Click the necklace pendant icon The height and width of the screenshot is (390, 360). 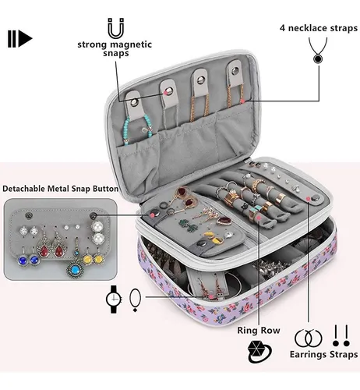coord(318,51)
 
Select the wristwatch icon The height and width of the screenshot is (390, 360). coord(114,299)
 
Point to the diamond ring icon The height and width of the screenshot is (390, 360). coord(259,352)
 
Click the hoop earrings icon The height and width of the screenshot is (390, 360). coord(309,339)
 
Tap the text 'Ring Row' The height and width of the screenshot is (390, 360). coord(259,330)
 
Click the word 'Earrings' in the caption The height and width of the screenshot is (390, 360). coord(308,355)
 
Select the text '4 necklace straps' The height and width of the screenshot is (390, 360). coord(319,28)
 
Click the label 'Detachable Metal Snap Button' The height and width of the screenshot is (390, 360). coord(61,189)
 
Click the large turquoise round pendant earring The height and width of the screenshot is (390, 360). coord(75,270)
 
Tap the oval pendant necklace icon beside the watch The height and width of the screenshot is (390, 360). coord(135,300)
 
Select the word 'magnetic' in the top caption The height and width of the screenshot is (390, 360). coord(131,44)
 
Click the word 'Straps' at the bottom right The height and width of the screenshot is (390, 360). coord(344,354)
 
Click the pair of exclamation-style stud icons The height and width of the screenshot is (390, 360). coord(341,335)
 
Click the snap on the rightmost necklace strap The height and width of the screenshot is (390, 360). coord(235,70)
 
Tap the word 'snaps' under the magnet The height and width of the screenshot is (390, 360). coord(116,53)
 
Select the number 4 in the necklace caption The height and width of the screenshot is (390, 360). coord(282,28)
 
